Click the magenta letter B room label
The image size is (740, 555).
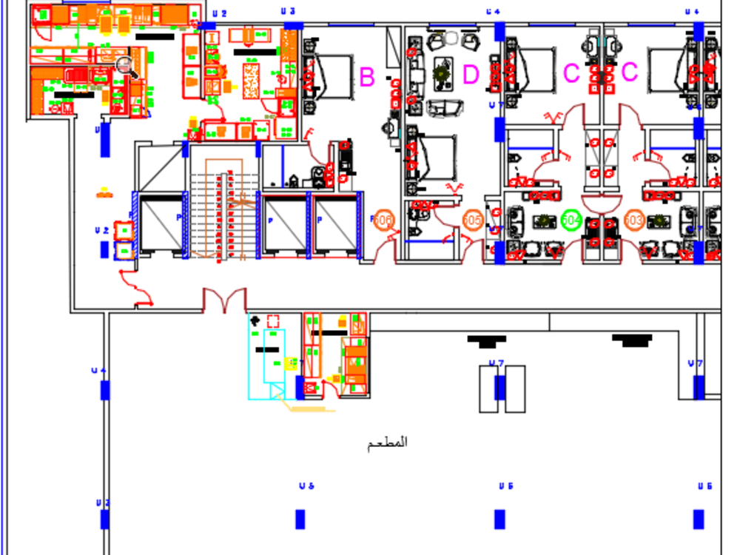(367, 76)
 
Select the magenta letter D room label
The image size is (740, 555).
(471, 75)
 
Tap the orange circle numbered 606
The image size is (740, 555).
(383, 220)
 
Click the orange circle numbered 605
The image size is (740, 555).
(472, 220)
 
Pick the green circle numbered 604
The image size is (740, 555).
(571, 220)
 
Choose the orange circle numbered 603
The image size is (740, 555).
(633, 220)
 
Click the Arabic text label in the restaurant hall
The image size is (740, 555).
(388, 443)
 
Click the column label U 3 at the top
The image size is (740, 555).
(289, 11)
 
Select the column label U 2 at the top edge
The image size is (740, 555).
(219, 13)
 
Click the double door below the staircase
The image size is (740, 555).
(224, 300)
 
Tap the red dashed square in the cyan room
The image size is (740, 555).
(273, 321)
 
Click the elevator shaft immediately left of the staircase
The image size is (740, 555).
(161, 225)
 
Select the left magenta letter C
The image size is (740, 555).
(571, 73)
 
